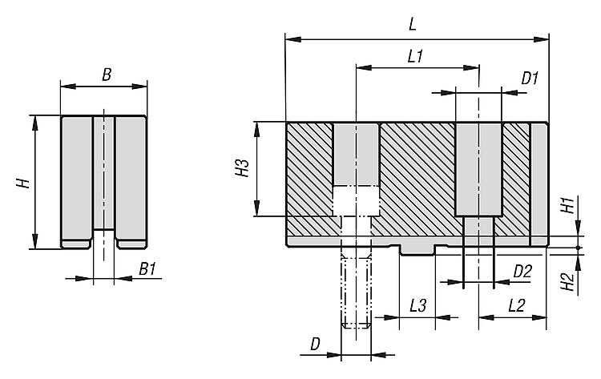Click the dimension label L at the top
coord(412,25)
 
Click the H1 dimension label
coord(565,205)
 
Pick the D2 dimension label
coord(522,271)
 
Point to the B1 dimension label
coord(146,269)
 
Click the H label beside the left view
coord(25,183)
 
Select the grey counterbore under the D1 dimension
coord(478,168)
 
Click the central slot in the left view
coord(103,172)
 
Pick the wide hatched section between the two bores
coord(417,176)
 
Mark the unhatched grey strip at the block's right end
coord(540,180)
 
